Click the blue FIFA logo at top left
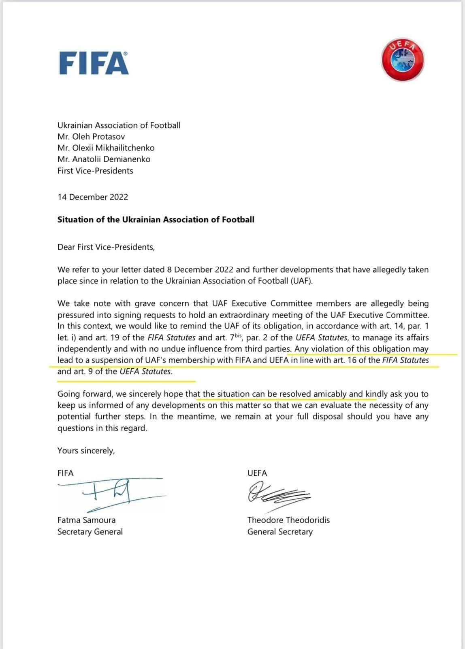point(94,63)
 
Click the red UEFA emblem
point(403,60)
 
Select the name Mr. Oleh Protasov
point(91,137)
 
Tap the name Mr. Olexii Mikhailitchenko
point(106,148)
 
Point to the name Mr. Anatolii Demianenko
point(104,159)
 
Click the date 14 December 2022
point(93,197)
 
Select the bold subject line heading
point(156,220)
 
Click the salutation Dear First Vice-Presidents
point(106,247)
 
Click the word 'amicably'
point(330,394)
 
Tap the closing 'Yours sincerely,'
point(86,451)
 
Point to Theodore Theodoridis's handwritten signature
point(279,494)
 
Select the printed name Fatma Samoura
point(87,520)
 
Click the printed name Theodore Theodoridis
point(288,520)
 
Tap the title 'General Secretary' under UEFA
point(280,532)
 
